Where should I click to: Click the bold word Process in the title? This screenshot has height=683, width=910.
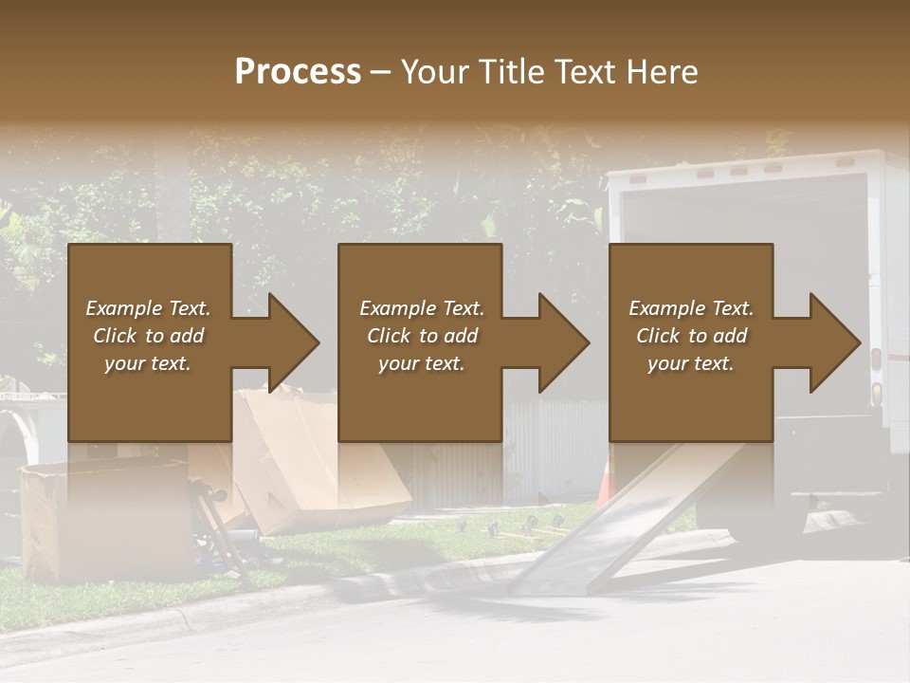[x=298, y=72]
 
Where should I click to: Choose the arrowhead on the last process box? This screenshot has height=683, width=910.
[x=828, y=342]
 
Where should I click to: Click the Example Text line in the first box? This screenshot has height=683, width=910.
[x=148, y=308]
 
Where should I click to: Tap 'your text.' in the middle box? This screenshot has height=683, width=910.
[x=421, y=363]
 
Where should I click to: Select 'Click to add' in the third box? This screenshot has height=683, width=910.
[x=691, y=336]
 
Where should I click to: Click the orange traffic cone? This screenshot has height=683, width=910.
[x=606, y=479]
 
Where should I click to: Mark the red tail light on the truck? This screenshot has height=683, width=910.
[x=876, y=360]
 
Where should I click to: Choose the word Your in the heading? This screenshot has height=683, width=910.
[x=435, y=72]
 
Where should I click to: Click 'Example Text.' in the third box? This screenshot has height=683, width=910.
[x=691, y=308]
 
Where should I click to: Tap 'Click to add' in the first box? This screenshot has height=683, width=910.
[x=148, y=336]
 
